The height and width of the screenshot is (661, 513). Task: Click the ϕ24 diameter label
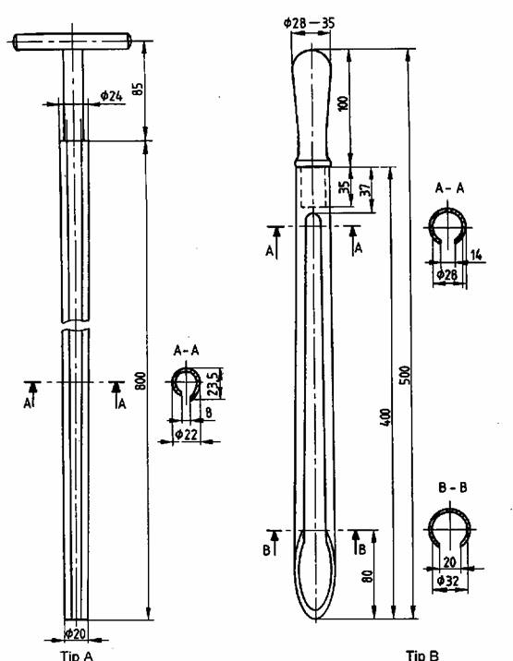112,97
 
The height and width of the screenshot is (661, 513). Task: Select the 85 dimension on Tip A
138,89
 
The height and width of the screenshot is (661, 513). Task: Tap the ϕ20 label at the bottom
76,633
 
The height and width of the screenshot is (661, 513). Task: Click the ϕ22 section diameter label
187,434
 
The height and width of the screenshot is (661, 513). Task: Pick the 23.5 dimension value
215,382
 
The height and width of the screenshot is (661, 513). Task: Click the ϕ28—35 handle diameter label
309,22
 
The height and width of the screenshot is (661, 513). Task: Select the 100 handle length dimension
344,103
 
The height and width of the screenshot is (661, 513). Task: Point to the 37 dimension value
367,188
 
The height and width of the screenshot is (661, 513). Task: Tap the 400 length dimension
385,417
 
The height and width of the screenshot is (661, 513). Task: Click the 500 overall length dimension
405,375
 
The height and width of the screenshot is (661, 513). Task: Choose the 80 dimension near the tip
368,576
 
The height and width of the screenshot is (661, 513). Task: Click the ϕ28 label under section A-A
447,275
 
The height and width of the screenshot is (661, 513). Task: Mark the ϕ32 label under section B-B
447,581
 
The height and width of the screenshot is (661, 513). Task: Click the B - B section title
452,487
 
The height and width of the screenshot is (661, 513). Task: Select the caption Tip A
77,655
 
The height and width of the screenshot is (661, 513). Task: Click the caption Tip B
422,655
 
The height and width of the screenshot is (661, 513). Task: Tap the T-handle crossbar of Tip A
72,42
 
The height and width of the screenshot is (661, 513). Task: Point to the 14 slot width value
476,255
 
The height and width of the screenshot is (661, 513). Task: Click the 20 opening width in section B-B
449,562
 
